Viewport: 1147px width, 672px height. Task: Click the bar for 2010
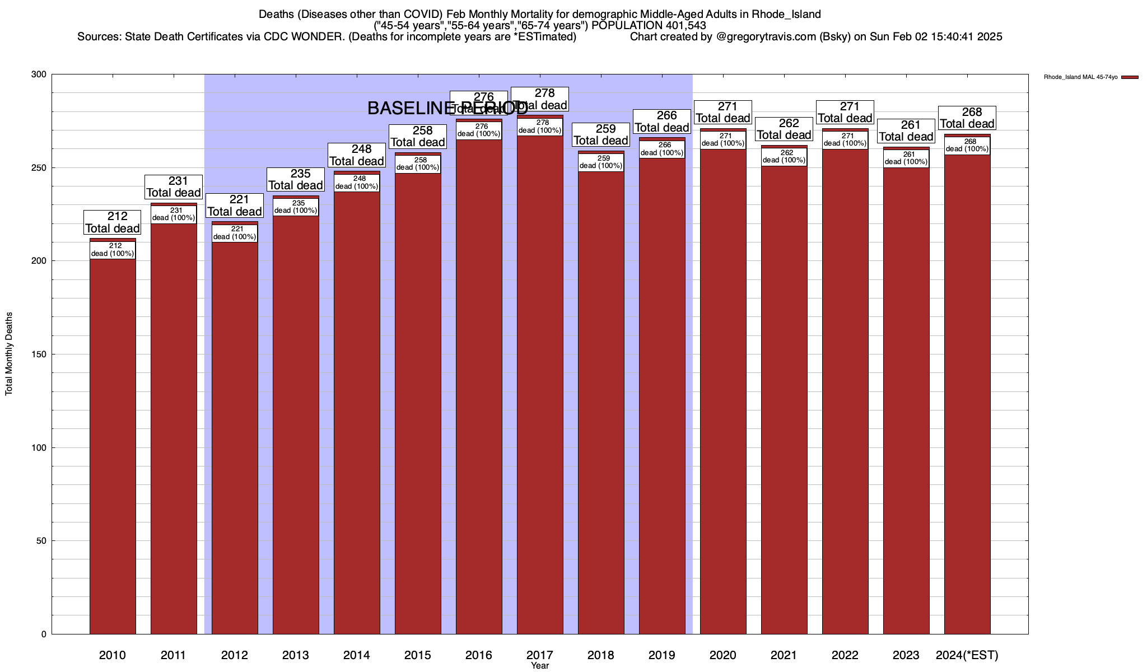click(x=113, y=437)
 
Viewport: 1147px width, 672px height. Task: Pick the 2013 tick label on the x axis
click(x=295, y=655)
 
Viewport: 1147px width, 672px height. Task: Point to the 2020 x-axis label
click(x=722, y=655)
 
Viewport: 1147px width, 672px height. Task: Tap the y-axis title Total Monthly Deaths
click(x=9, y=354)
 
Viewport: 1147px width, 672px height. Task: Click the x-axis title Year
click(x=540, y=666)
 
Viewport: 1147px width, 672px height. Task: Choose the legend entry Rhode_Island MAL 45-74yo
click(x=1080, y=77)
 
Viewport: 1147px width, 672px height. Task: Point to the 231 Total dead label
click(x=174, y=187)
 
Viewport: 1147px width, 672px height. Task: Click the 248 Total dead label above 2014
click(x=357, y=155)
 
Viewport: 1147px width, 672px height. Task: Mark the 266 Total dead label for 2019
click(x=661, y=122)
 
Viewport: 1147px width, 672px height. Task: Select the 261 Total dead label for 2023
click(x=906, y=131)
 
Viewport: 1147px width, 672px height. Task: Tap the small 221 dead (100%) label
click(x=235, y=233)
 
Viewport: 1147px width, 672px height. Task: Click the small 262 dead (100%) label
click(x=784, y=156)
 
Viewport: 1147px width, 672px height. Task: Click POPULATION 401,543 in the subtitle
click(x=649, y=26)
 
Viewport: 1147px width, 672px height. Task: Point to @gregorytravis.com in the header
click(x=762, y=37)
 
